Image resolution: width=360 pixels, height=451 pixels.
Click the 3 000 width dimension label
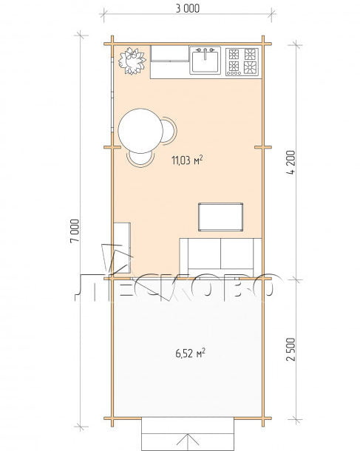[x=188, y=9]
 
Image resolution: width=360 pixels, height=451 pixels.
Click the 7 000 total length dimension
[x=75, y=231]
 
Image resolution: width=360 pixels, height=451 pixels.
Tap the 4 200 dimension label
[x=291, y=163]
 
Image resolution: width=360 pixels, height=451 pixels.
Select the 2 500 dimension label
[x=291, y=349]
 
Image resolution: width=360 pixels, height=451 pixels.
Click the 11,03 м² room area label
[x=187, y=160]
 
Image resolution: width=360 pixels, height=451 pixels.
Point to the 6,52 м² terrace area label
[x=191, y=353]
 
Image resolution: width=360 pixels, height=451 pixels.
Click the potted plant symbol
[x=132, y=61]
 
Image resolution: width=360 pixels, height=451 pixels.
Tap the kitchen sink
[x=205, y=60]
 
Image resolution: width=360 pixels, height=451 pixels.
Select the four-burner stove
[x=242, y=61]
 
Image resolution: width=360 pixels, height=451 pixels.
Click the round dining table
[x=140, y=131]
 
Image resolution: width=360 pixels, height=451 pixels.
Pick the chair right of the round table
[x=169, y=130]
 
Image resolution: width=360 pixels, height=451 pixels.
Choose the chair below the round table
[x=140, y=159]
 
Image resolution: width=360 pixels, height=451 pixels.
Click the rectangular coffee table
[x=220, y=217]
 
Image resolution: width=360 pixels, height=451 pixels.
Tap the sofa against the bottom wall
[x=220, y=257]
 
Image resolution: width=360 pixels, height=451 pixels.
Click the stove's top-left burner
[x=234, y=54]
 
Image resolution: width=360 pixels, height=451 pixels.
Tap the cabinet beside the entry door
[x=122, y=248]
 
